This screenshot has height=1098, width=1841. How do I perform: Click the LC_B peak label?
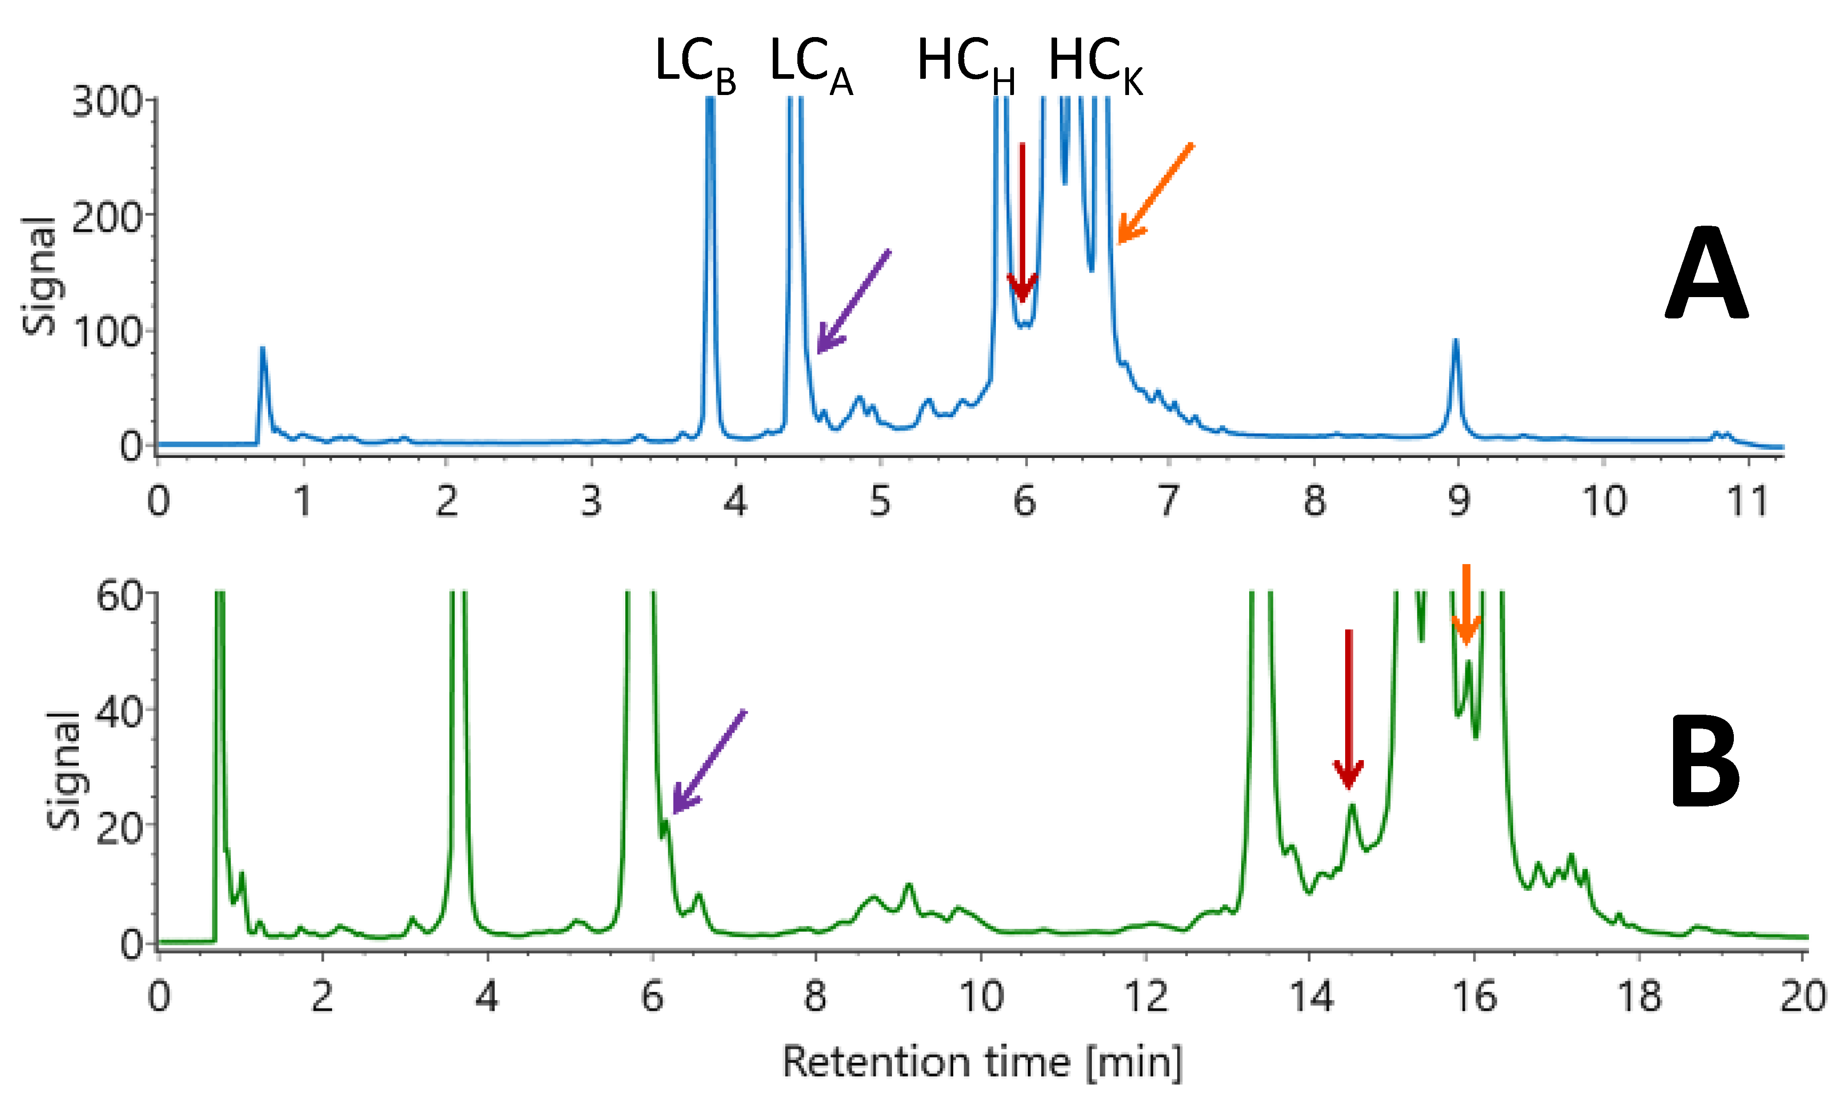click(694, 65)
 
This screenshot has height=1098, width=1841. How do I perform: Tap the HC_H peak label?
click(964, 65)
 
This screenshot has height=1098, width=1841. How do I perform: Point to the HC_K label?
click(1095, 65)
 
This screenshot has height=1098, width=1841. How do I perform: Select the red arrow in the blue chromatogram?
click(1022, 222)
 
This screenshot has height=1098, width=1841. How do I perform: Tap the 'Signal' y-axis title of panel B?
click(63, 769)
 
